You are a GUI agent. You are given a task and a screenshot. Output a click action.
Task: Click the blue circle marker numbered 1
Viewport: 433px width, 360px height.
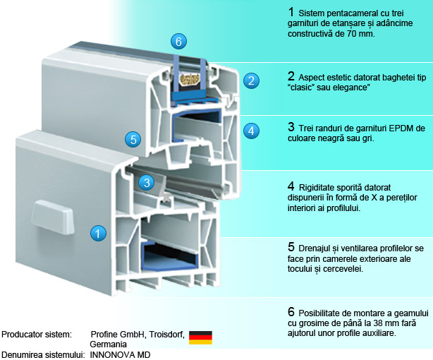99,232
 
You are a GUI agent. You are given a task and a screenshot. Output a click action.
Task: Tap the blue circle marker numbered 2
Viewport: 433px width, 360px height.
250,80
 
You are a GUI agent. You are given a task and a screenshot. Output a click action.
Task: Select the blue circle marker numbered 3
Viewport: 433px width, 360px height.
145,182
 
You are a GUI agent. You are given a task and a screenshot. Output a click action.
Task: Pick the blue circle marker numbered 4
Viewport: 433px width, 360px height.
251,130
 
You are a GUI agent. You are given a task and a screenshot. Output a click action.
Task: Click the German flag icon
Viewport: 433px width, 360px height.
200,337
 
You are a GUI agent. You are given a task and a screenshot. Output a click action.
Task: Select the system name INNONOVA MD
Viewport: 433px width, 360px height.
121,354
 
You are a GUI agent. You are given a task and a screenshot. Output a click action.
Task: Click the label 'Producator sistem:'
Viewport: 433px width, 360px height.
37,333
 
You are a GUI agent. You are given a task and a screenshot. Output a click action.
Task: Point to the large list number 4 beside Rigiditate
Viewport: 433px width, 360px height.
291,186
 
